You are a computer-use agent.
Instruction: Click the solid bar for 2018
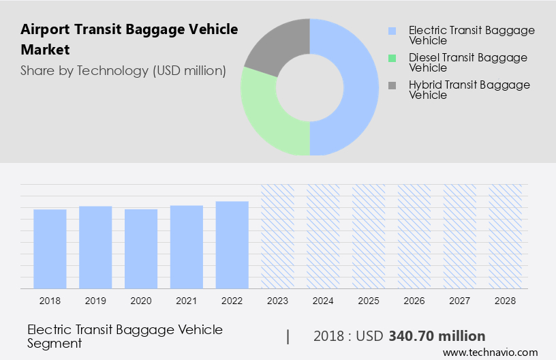(x=50, y=249)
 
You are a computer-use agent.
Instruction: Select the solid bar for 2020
(x=141, y=249)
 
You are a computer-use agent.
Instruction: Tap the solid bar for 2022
(x=232, y=245)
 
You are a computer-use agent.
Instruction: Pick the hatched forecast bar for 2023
(x=278, y=236)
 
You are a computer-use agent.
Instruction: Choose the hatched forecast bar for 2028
(x=506, y=236)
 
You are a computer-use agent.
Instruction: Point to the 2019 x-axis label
(x=95, y=300)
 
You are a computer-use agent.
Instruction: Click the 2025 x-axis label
(x=369, y=300)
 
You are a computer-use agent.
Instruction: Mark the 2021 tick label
(x=187, y=300)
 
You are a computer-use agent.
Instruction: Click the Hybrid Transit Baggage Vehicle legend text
(x=469, y=90)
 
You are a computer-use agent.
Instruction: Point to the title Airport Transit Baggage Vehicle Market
(x=129, y=40)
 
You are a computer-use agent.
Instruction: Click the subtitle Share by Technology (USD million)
(x=123, y=70)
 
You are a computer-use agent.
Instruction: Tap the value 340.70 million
(x=437, y=336)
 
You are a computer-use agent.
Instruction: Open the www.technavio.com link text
(x=490, y=352)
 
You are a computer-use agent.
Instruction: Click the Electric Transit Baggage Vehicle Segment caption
(x=125, y=336)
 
